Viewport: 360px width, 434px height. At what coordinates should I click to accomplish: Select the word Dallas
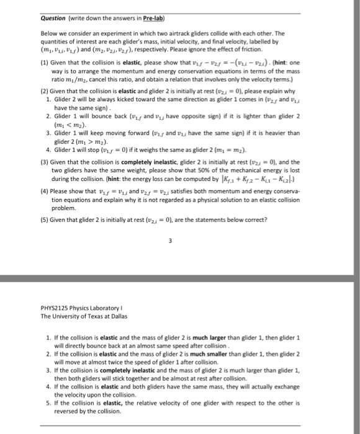pos(114,316)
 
